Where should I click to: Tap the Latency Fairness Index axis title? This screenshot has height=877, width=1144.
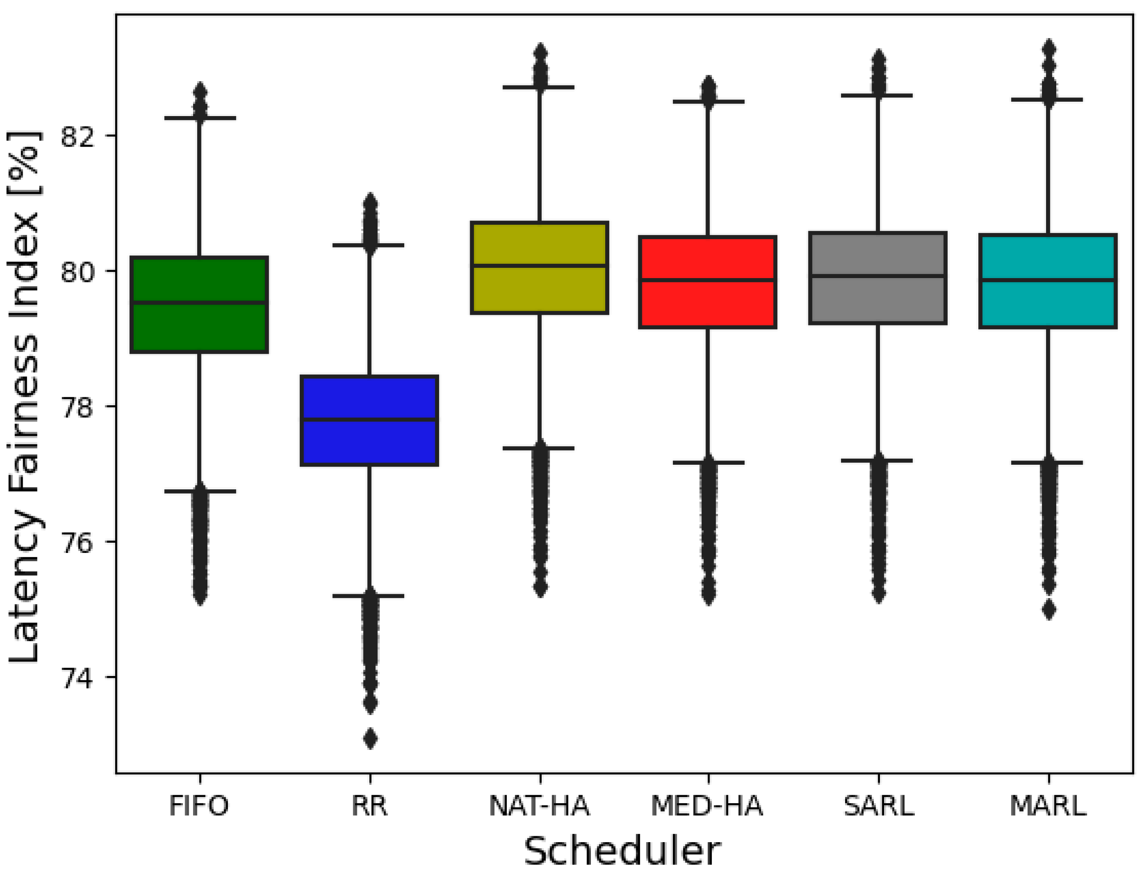click(24, 397)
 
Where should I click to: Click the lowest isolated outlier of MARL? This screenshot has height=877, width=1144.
click(1049, 610)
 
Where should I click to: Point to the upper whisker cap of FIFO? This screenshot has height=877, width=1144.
click(200, 118)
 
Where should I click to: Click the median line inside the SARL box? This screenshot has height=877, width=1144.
click(878, 276)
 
